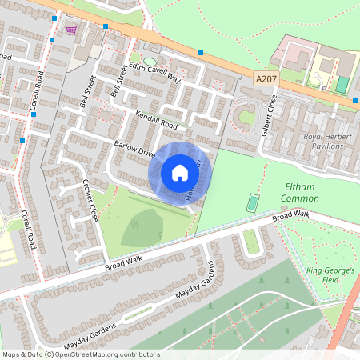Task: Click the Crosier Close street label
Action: point(89,199)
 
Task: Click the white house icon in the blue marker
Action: point(180,172)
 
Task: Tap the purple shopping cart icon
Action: point(72,31)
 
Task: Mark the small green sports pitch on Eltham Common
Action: point(253,202)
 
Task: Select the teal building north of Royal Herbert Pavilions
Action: point(342,84)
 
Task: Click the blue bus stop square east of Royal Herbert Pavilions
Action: point(354,100)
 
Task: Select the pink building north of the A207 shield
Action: point(291,54)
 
